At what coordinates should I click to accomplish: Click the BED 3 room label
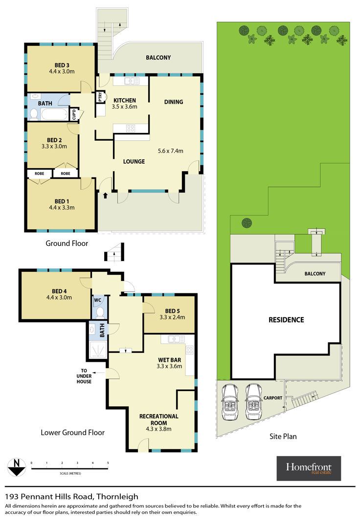(62, 66)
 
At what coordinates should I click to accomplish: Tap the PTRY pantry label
(100, 97)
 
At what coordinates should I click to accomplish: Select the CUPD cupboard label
(74, 114)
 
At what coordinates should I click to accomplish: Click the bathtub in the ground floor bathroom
(54, 114)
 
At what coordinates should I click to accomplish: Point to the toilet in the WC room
(99, 312)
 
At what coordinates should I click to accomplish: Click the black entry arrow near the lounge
(106, 195)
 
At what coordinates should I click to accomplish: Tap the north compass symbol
(17, 467)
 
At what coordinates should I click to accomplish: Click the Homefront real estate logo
(309, 468)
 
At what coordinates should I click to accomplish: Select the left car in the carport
(230, 402)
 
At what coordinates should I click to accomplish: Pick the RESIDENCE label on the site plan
(286, 320)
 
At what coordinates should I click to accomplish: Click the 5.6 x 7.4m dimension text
(170, 151)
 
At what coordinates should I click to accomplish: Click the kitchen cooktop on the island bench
(130, 128)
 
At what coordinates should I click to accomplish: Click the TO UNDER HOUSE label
(84, 376)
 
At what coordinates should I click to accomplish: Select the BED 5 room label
(173, 311)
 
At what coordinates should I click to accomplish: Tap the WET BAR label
(169, 360)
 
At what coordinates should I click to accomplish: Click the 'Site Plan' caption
(283, 436)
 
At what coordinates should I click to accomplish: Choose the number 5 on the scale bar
(108, 463)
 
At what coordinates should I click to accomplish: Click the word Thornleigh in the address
(117, 497)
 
